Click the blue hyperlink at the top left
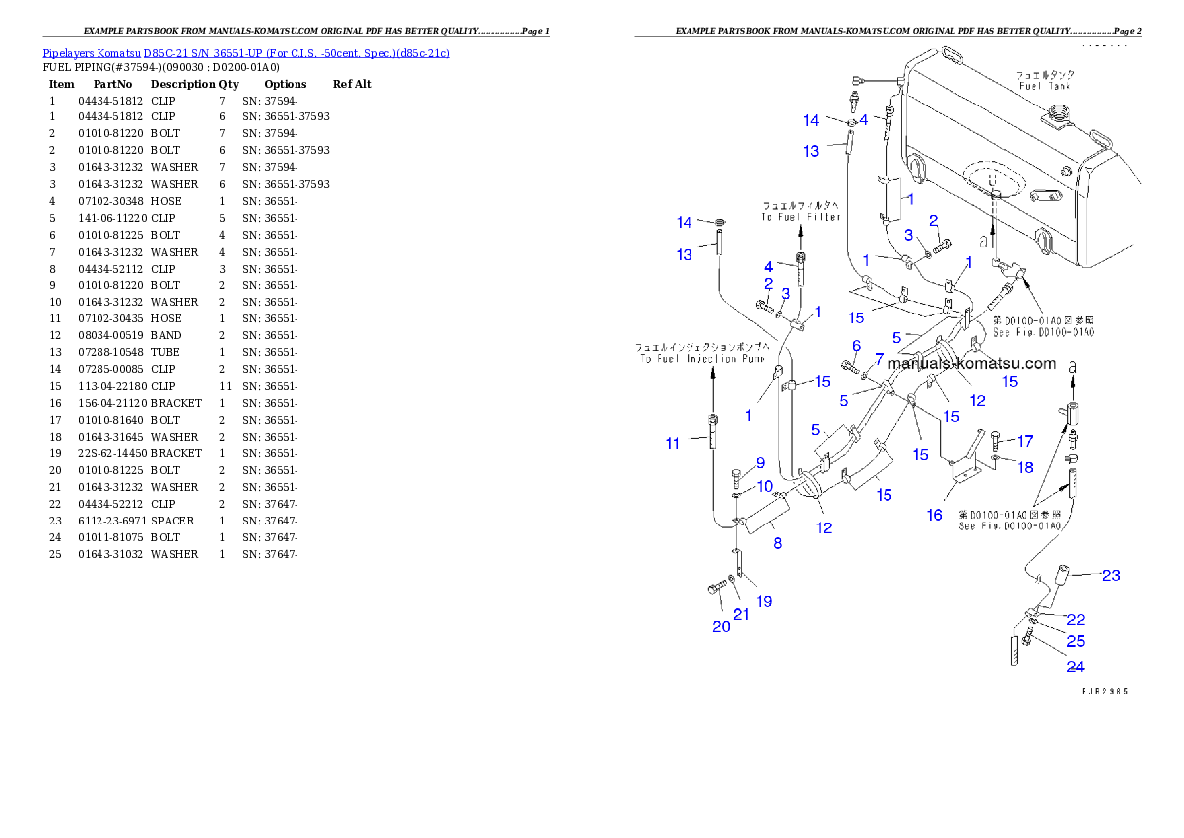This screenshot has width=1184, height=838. [x=246, y=52]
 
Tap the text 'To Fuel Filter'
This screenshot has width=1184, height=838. [x=801, y=217]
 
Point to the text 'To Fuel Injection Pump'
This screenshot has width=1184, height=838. [x=702, y=358]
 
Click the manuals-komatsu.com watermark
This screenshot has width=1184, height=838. [x=971, y=363]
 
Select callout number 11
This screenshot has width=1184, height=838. [x=673, y=444]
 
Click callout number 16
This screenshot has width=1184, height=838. [x=935, y=515]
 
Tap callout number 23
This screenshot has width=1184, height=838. [x=1111, y=575]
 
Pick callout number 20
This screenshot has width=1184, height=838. [x=721, y=626]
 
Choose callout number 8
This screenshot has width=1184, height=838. [x=777, y=543]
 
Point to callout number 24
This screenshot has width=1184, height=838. [x=1075, y=667]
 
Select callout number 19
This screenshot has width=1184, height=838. [x=764, y=601]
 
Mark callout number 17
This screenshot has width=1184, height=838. [x=1025, y=441]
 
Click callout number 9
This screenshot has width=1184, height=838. [x=760, y=462]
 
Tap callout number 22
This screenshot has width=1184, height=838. [x=1076, y=620]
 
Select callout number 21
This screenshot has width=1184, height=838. [x=741, y=615]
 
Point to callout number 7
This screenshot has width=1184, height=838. [x=879, y=357]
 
